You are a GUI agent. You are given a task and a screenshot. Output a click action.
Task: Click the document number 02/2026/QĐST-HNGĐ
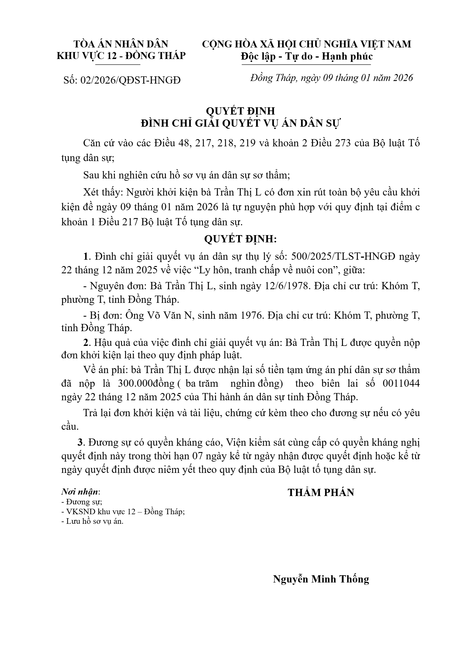click(130, 80)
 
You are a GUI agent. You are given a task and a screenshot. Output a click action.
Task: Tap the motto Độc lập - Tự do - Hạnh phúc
click(307, 56)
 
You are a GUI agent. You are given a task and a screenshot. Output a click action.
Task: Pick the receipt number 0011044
click(401, 384)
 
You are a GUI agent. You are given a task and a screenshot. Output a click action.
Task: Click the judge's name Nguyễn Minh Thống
click(321, 579)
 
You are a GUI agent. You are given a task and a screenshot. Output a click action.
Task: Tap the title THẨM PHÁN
click(321, 493)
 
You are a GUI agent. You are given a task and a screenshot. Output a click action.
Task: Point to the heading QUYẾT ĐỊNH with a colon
click(240, 239)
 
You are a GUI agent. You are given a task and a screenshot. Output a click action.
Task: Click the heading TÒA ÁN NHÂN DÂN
click(121, 44)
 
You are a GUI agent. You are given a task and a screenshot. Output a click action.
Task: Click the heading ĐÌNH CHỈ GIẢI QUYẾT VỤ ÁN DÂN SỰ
click(240, 123)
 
